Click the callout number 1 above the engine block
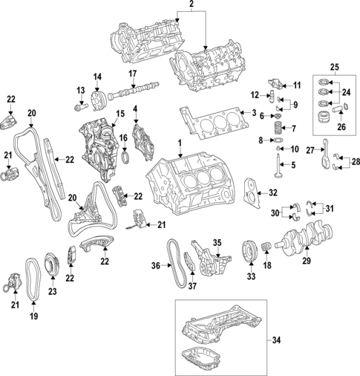tap(179, 142)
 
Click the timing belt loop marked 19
tap(33, 280)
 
